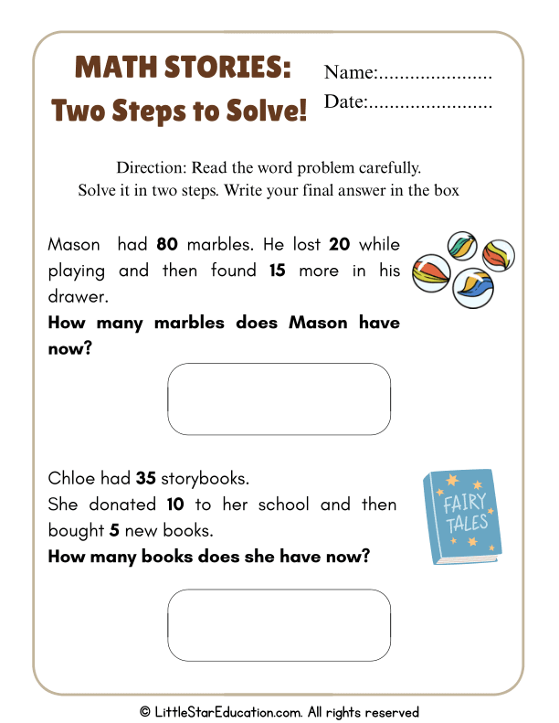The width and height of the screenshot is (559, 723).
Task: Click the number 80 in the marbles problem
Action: [167, 245]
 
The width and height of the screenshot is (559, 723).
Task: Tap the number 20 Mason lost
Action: [339, 245]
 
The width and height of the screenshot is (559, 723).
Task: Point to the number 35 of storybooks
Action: [145, 478]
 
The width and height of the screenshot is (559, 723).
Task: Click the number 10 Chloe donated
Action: [177, 505]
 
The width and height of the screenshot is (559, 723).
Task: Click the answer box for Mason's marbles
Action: [279, 399]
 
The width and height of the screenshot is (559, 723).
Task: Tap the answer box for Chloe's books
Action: [279, 625]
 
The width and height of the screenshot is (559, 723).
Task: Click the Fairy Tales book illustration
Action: [461, 516]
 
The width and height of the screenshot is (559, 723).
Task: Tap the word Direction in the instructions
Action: [150, 168]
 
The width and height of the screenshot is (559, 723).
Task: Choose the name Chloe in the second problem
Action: [71, 478]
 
